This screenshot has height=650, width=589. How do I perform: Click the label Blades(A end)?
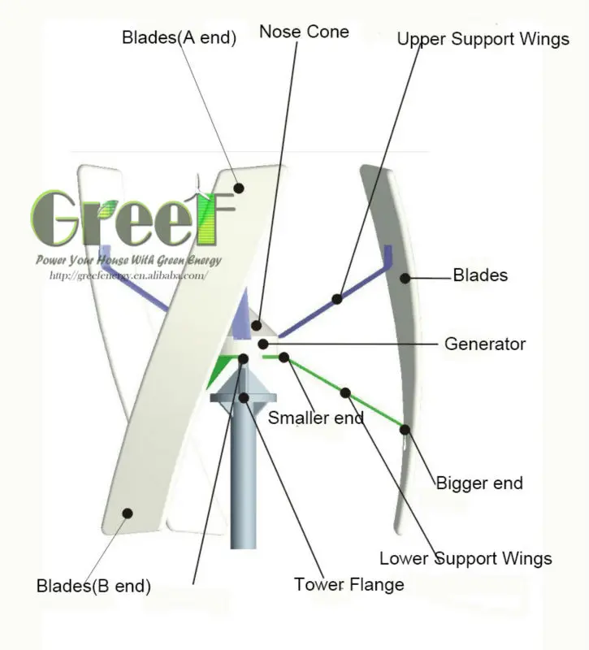click(179, 37)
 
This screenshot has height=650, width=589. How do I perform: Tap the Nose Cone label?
click(304, 32)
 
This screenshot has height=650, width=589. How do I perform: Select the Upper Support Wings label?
click(483, 39)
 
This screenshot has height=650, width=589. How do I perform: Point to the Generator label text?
click(484, 344)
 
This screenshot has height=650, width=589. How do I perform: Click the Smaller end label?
click(315, 418)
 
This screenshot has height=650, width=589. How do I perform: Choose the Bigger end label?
click(479, 483)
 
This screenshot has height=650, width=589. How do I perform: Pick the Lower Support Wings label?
click(466, 558)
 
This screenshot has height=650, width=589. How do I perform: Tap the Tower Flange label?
click(349, 584)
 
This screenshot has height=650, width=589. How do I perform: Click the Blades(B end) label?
click(93, 585)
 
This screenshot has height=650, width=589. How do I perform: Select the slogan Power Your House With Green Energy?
click(128, 260)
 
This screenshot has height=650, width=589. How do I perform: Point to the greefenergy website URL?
click(128, 275)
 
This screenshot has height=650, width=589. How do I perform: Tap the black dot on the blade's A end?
click(239, 188)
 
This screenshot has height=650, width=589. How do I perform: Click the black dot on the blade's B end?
click(127, 512)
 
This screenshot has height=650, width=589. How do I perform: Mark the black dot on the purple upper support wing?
click(336, 298)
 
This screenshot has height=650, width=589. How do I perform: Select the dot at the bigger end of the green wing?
click(405, 429)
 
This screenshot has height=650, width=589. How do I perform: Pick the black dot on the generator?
click(262, 344)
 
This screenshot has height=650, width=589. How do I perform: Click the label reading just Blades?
click(480, 275)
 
